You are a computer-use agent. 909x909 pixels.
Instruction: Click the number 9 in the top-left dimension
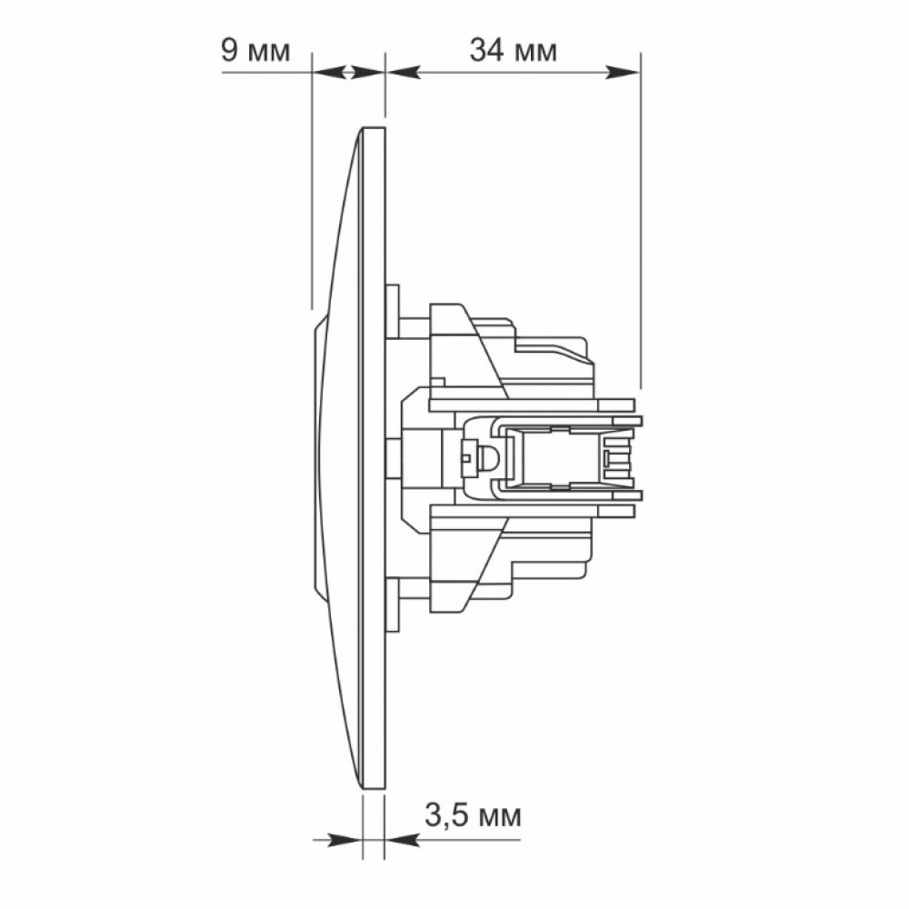[x=230, y=50]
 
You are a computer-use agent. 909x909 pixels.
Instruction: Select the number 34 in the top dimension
[x=486, y=50]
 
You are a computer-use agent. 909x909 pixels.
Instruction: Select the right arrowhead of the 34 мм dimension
[x=624, y=73]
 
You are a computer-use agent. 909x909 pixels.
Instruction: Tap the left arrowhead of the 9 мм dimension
[x=329, y=73]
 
